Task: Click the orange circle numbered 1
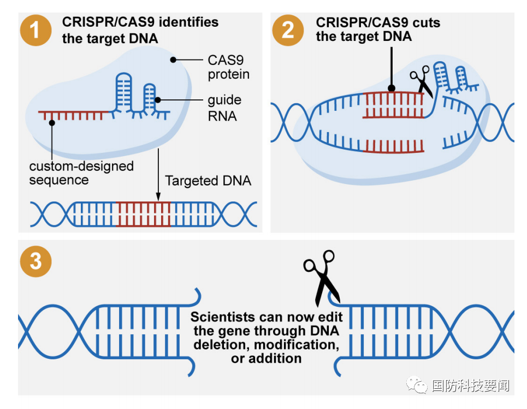(35, 31)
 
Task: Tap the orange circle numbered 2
(288, 31)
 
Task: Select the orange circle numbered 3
(35, 260)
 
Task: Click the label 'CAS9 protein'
(228, 67)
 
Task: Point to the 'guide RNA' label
(224, 108)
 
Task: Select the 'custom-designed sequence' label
(81, 173)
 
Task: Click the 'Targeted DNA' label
(208, 181)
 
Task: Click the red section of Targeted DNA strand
(143, 214)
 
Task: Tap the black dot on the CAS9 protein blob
(173, 59)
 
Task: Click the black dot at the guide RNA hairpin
(157, 99)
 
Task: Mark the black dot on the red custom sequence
(51, 122)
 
